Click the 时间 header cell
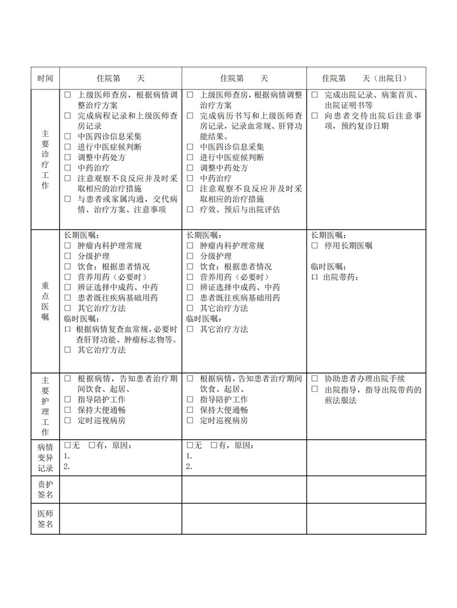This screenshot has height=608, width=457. (45, 78)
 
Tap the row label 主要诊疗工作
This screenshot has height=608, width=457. (45, 158)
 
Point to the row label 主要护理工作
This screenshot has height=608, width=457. (45, 406)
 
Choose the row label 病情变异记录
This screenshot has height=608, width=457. (45, 457)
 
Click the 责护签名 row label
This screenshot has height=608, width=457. (45, 489)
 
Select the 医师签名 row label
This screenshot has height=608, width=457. (45, 518)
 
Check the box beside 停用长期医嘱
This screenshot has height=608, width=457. (315, 246)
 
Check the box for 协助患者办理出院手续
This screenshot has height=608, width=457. (315, 379)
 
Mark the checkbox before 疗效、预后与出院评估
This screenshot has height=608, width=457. (190, 209)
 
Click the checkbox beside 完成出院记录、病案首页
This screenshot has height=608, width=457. (315, 95)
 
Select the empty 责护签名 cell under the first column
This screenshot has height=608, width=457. (121, 489)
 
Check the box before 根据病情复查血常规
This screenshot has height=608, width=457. (67, 330)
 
